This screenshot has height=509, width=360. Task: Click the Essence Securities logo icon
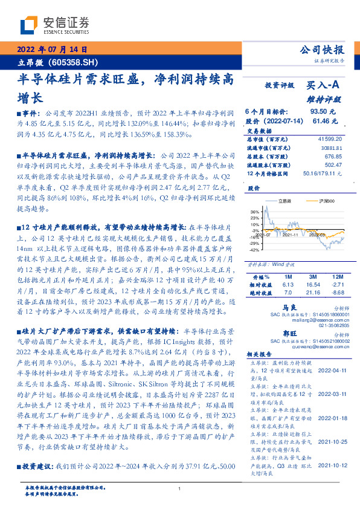pyautogui.click(x=29, y=25)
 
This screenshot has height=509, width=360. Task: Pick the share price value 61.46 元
pyautogui.click(x=323, y=121)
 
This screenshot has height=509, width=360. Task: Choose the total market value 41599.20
pyautogui.click(x=329, y=140)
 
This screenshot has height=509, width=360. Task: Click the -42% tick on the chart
pyautogui.click(x=254, y=250)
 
